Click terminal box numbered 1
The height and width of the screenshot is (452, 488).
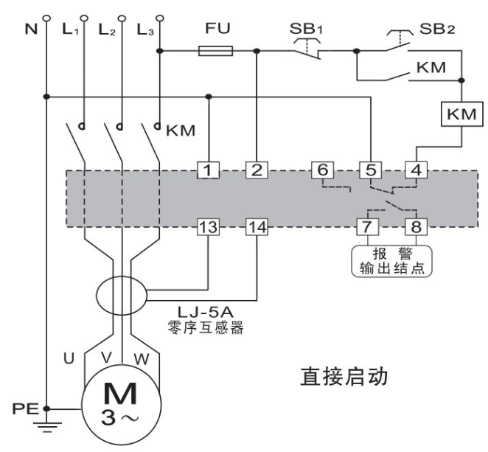tap(209, 171)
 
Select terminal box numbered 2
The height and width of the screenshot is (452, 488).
tap(256, 171)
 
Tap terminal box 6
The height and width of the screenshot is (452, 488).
tap(322, 171)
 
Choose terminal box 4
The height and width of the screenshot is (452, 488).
tap(416, 171)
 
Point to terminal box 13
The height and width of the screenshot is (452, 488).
tap(209, 225)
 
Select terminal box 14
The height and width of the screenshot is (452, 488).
tap(256, 225)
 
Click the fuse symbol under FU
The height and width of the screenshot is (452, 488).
tap(217, 51)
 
